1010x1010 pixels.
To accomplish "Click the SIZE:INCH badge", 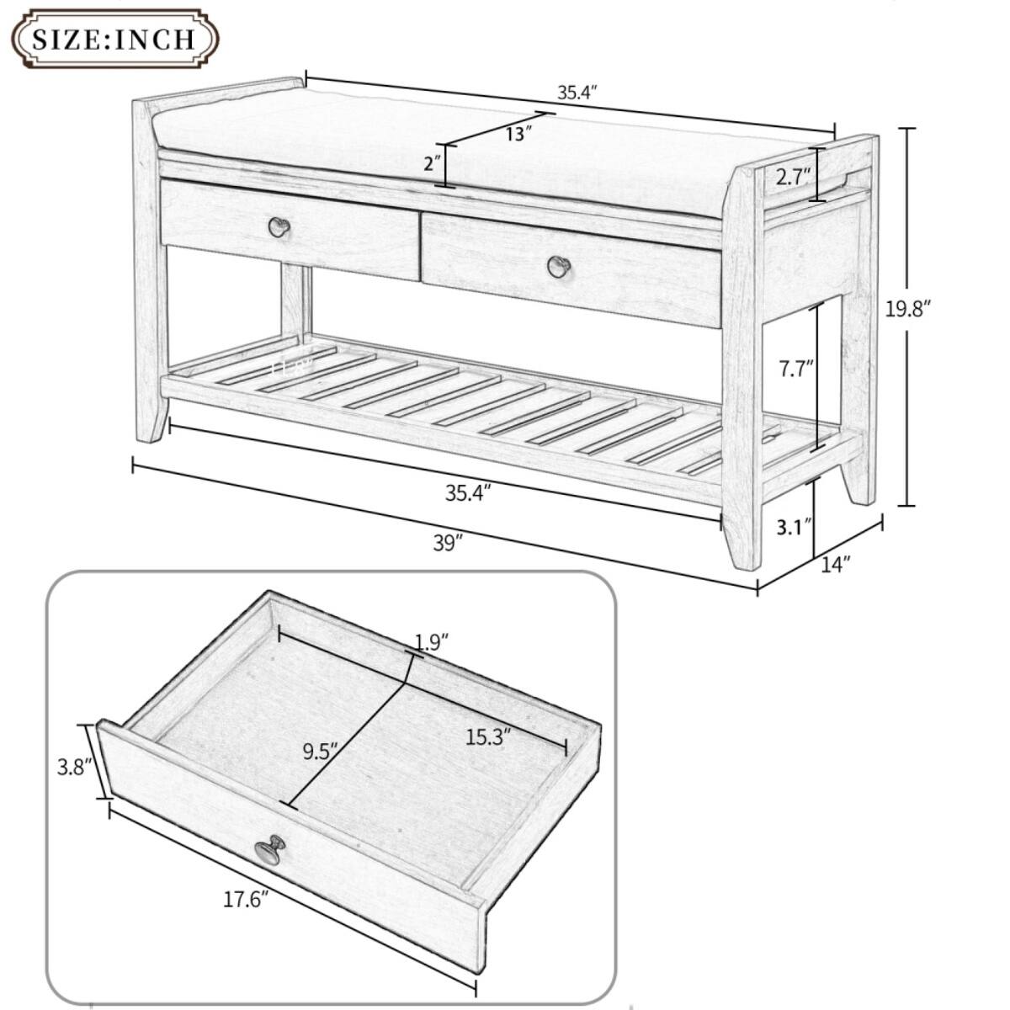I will coord(113,38).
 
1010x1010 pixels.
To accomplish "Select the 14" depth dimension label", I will coord(835,564).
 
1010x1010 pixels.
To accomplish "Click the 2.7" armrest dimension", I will coord(793,176).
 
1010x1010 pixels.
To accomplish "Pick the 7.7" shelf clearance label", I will coord(795,369).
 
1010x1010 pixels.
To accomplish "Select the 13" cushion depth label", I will coord(519,133).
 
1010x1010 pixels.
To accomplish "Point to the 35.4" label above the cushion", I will coord(577,93).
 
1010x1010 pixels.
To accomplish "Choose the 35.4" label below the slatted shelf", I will coord(468,493).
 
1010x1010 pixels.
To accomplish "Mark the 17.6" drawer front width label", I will coord(246,900).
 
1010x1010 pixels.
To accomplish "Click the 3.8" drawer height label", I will coord(72,767).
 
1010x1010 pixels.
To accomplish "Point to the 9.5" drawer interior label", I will coord(320,750).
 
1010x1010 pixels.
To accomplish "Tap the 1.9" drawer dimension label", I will coord(432,642).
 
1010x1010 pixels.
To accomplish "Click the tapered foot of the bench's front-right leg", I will coord(741,547).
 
